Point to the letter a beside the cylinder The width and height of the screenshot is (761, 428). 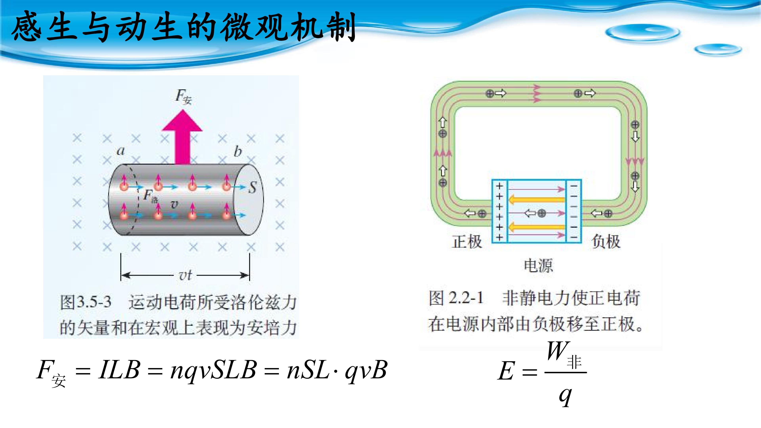[x=120, y=151]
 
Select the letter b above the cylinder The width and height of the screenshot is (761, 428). [x=238, y=151]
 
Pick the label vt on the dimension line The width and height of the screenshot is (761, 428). [x=185, y=275]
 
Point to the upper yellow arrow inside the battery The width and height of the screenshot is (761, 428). [x=537, y=200]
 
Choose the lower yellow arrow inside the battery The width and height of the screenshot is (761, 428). [x=537, y=227]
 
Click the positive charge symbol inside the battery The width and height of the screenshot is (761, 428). [x=541, y=213]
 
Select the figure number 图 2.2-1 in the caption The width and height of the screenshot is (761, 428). [x=456, y=298]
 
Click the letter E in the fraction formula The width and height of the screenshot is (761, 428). [x=506, y=371]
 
